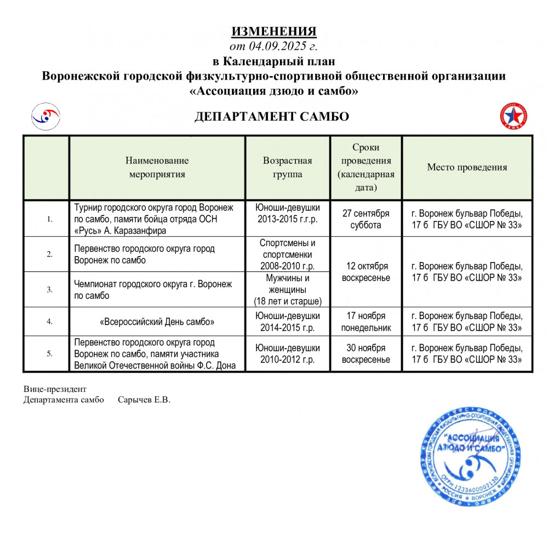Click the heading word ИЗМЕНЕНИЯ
click(273, 31)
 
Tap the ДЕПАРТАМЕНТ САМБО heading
click(272, 116)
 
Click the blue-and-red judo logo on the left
click(45, 116)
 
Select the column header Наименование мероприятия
click(157, 168)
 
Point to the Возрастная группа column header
click(287, 168)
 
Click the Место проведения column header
click(467, 168)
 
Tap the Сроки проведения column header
click(366, 168)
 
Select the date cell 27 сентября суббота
click(366, 219)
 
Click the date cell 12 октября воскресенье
click(366, 272)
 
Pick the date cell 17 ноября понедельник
click(366, 322)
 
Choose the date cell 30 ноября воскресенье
click(366, 354)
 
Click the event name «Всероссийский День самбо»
click(157, 322)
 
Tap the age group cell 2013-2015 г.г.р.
click(287, 219)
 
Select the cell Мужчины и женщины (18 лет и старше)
click(287, 289)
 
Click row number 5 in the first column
click(49, 354)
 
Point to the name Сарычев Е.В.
click(144, 400)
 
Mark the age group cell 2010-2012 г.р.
click(287, 354)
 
